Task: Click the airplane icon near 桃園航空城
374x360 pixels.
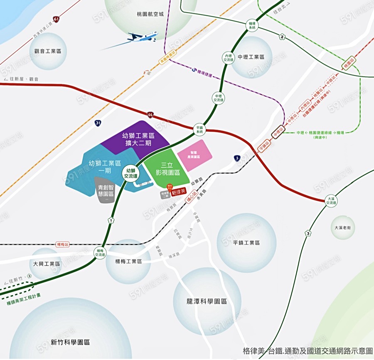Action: coord(143,37)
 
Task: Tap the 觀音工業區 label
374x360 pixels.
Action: coord(48,51)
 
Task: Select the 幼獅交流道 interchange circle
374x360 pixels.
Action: coord(130,173)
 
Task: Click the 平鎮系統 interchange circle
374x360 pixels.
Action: coord(199,129)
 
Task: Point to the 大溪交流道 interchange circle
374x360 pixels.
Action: coord(331,201)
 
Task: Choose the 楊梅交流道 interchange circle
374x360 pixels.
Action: coord(100,253)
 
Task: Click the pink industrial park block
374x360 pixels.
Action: coord(194,155)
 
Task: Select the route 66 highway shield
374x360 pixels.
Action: coord(150,114)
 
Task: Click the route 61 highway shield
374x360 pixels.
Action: coord(56,19)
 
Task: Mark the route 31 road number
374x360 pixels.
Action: coord(98,123)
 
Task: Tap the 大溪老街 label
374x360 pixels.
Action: coord(343,228)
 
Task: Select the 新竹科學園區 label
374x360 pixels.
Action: coord(70,342)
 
